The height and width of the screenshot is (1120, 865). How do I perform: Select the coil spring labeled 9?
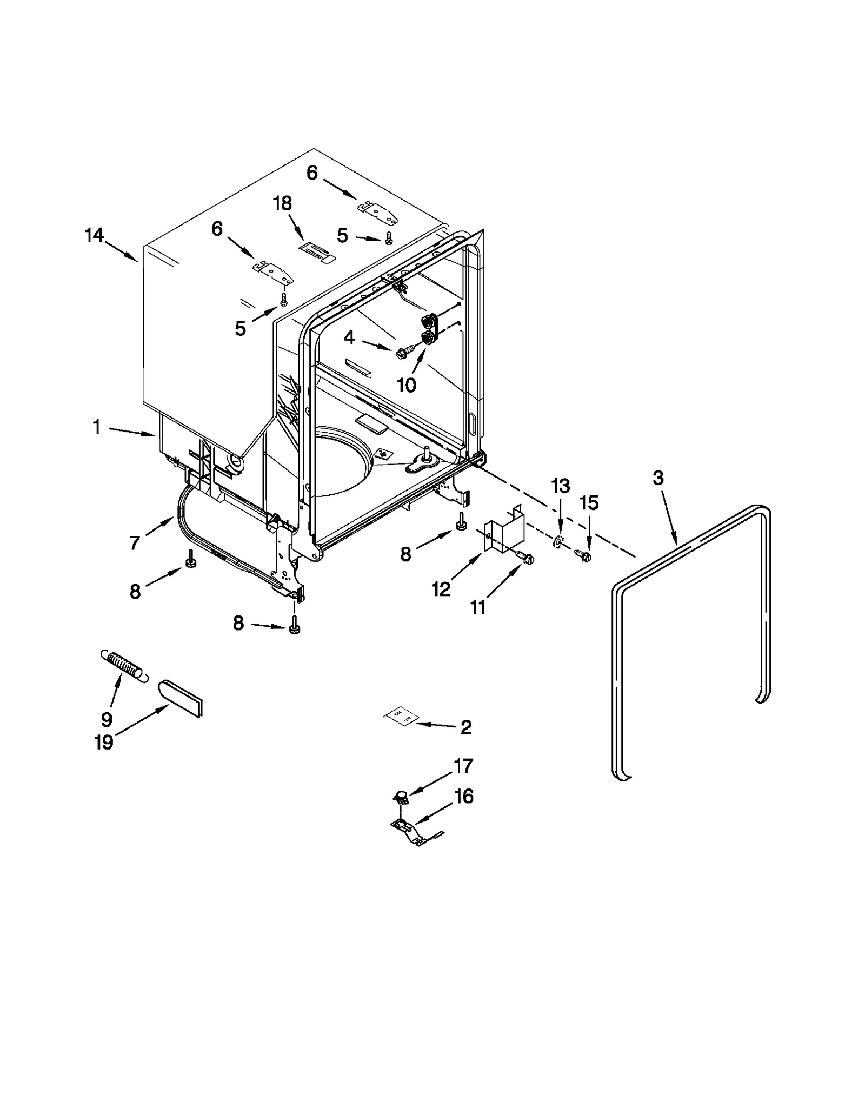tap(124, 666)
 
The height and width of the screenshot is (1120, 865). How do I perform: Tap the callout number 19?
tap(104, 743)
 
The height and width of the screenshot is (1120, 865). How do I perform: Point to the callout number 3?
tap(658, 478)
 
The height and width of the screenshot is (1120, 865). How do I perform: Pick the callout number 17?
tap(464, 766)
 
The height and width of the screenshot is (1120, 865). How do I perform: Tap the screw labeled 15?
tap(583, 555)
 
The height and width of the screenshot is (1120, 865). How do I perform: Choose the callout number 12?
tap(441, 589)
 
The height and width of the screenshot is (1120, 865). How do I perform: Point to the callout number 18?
tap(282, 204)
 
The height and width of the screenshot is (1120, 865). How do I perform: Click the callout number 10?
tap(406, 385)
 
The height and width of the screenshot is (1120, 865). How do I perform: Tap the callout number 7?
tap(135, 542)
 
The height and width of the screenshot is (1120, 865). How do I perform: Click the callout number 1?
tap(96, 427)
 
